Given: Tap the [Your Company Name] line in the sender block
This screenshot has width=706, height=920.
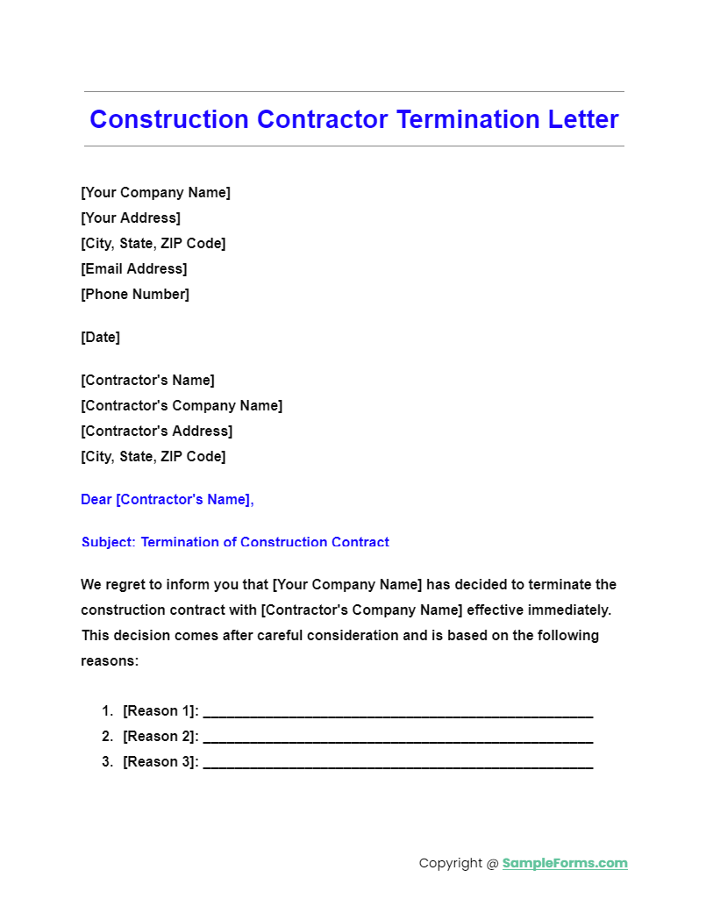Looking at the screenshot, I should tap(155, 193).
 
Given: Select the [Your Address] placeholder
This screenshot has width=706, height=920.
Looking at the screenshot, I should tap(131, 218).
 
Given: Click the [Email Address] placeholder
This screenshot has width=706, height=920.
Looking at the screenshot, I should tap(133, 269).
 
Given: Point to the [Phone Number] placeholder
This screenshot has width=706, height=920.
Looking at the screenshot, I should tap(135, 295).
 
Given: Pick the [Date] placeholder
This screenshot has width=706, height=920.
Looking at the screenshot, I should tap(100, 338).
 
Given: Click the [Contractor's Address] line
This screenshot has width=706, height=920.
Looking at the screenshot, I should tap(156, 431).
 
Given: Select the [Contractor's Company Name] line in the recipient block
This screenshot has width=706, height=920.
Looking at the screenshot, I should tap(182, 406).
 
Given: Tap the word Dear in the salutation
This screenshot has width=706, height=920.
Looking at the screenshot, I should tap(96, 500).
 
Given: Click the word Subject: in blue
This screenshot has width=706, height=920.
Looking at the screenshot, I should tap(109, 542).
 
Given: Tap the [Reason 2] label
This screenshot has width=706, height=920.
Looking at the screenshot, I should tap(160, 737).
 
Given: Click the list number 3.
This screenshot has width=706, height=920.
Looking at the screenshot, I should tap(107, 762).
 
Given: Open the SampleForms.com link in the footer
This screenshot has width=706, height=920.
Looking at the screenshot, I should tap(565, 863).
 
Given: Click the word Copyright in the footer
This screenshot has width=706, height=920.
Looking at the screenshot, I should tap(450, 863).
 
